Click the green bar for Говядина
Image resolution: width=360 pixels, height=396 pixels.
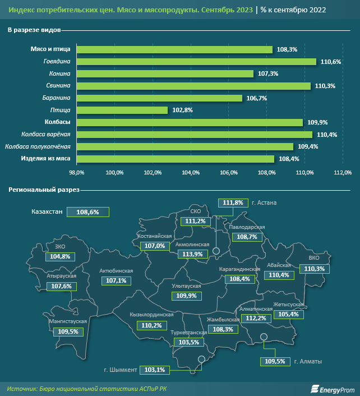[196, 62]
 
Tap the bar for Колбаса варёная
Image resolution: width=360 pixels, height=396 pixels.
[194, 135]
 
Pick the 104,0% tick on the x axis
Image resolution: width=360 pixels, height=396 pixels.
[191, 172]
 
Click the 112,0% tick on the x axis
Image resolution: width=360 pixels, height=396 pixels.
[343, 172]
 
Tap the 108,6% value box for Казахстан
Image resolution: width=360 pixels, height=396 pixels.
[87, 212]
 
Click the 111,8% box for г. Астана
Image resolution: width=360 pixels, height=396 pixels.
[233, 203]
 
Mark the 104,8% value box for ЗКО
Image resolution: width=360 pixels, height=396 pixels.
[60, 256]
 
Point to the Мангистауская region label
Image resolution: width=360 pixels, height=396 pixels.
[67, 321]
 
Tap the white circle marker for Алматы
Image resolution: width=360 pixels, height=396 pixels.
[264, 337]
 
